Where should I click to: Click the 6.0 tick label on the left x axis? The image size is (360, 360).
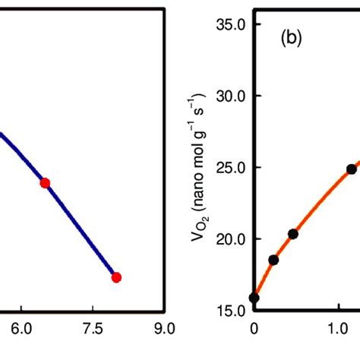[x=22, y=330]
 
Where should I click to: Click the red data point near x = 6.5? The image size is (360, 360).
[x=45, y=182]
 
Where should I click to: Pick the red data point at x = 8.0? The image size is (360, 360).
[x=116, y=277]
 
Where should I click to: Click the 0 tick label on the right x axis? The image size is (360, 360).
[x=254, y=330]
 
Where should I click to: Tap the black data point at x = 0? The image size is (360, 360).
[x=254, y=298]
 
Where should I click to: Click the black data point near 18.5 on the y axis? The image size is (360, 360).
[x=273, y=260]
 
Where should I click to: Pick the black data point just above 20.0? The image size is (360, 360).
[x=293, y=234]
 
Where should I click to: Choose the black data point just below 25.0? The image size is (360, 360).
[x=352, y=169]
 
